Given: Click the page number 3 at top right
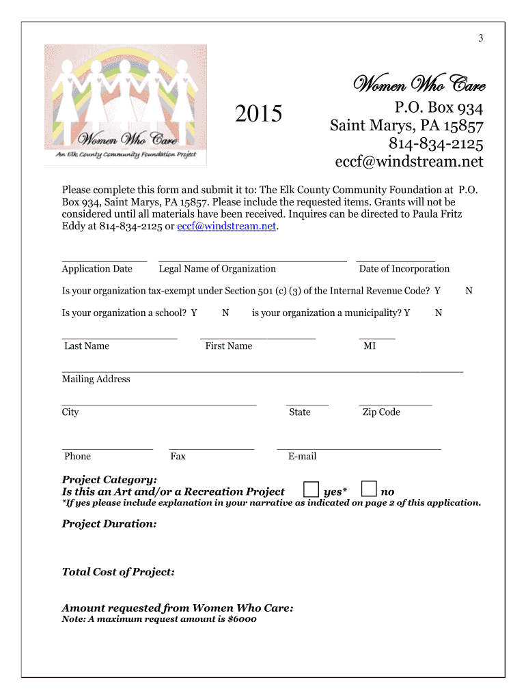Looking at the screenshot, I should tap(480, 38).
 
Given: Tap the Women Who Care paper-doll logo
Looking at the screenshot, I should tap(126, 104).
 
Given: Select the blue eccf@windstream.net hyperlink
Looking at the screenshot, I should tap(227, 227).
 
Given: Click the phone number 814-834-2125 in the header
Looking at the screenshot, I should tap(436, 144).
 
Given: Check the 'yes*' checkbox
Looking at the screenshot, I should tap(311, 489).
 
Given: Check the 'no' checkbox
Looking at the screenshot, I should tap(369, 489).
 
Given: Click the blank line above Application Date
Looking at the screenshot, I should tap(104, 261).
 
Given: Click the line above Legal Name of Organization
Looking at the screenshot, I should tap(252, 261).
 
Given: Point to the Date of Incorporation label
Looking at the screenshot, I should tap(404, 269).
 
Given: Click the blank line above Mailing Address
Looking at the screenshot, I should tap(262, 371).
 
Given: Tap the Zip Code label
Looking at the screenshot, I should tap(381, 412).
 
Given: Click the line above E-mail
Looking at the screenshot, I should tap(359, 449).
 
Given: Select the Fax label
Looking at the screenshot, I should tap(178, 457).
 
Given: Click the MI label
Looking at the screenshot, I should tap(370, 346).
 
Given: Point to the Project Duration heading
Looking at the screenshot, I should tap(109, 524).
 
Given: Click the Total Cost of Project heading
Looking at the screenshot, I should tap(118, 572).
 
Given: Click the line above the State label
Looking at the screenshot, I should tap(307, 405).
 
